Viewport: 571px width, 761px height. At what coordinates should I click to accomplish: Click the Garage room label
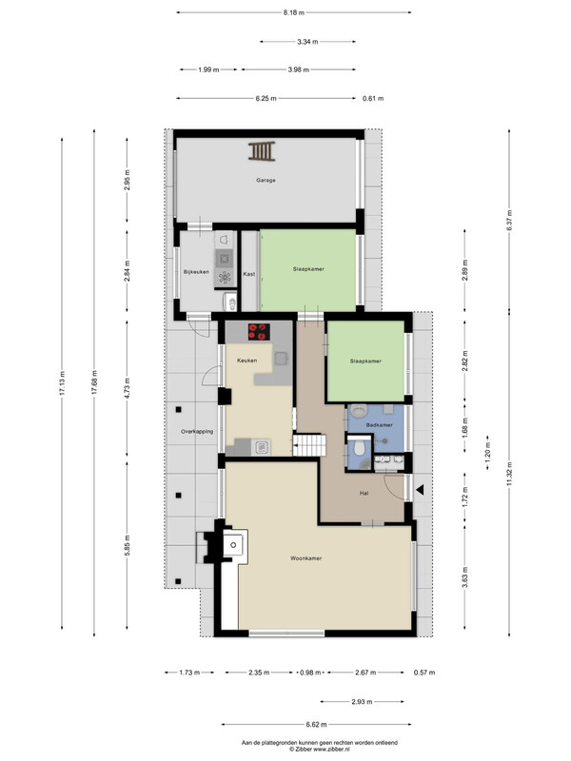point(266,180)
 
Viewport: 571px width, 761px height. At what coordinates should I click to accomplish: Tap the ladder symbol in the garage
point(262,151)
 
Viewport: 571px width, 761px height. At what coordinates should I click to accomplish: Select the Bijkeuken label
point(196,272)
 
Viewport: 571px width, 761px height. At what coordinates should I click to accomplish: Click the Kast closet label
point(249,274)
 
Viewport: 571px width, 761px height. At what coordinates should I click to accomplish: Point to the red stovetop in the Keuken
point(259,331)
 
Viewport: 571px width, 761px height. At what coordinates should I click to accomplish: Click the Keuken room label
point(246,361)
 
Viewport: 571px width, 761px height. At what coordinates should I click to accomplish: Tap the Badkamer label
point(379,424)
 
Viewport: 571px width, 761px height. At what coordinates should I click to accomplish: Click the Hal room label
point(364,493)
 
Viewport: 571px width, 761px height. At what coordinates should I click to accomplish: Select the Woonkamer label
point(305,558)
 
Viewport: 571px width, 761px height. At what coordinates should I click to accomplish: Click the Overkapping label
point(197,431)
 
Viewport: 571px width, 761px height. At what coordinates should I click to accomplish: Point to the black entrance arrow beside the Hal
point(420,490)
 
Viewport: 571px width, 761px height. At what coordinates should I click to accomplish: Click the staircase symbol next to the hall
point(308,444)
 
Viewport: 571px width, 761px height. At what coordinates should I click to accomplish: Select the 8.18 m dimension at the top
point(294,12)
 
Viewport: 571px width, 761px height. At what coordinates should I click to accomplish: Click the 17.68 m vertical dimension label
point(94,382)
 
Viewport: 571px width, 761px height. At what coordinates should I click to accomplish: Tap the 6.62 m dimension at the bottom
point(316,725)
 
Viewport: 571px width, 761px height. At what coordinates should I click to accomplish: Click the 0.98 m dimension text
point(310,673)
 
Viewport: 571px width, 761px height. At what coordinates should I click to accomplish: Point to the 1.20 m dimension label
point(488,453)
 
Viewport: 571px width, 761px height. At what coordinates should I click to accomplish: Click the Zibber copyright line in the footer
point(320,750)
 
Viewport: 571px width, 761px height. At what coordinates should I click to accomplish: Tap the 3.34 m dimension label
point(307,42)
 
